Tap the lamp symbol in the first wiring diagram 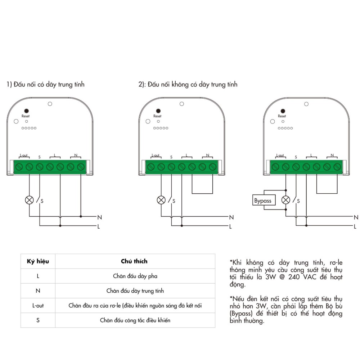[x=29, y=200]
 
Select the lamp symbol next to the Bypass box [x=286, y=200]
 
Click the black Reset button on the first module [x=26, y=111]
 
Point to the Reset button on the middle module [x=157, y=111]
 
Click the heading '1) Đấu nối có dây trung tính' [x=46, y=85]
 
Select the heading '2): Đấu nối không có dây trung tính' [x=188, y=85]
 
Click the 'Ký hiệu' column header [x=38, y=261]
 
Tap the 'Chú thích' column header [x=134, y=261]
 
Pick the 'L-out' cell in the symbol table [x=38, y=306]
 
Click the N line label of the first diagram [x=99, y=217]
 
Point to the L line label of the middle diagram [x=231, y=226]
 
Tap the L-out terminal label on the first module [x=24, y=156]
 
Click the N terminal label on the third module [x=332, y=156]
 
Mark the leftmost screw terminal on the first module [x=19, y=167]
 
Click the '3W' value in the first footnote [x=270, y=278]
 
